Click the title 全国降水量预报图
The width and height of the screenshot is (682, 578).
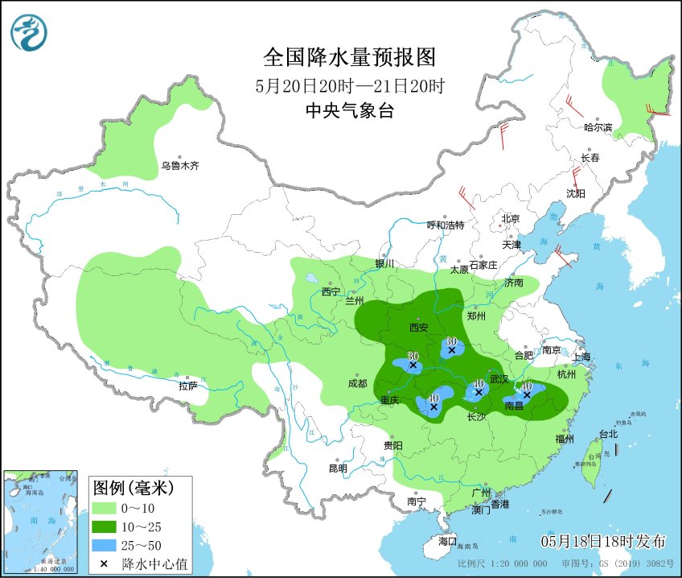(349, 58)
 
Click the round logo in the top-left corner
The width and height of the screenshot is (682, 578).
(29, 33)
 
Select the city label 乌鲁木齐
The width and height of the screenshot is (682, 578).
(179, 167)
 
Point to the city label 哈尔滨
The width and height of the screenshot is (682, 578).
(598, 127)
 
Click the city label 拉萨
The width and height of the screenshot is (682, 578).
(188, 386)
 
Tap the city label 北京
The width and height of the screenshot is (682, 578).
(511, 219)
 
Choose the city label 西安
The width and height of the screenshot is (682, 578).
(419, 328)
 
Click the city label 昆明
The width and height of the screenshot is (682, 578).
(339, 469)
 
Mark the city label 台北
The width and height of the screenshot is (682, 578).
(609, 434)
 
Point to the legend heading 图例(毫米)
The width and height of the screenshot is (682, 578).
(133, 487)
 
